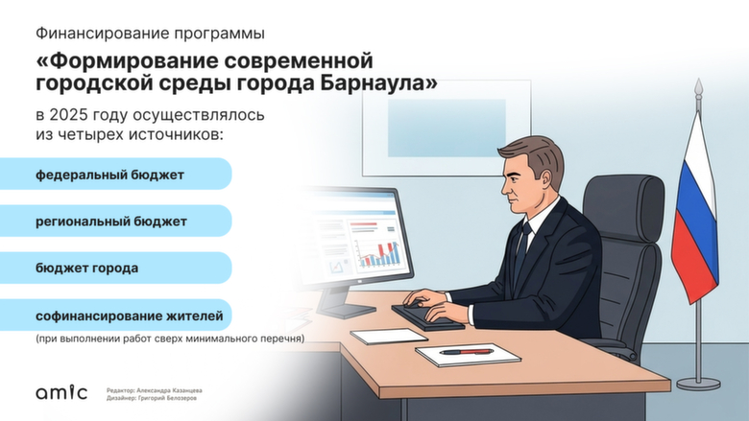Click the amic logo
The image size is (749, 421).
point(61,392)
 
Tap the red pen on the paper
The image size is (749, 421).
point(466,352)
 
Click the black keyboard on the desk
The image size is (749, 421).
point(426,316)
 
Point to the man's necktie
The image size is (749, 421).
point(521,251)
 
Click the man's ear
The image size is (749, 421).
point(544,179)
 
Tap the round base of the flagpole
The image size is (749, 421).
point(697,384)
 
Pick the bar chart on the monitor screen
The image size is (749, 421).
point(377,252)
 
